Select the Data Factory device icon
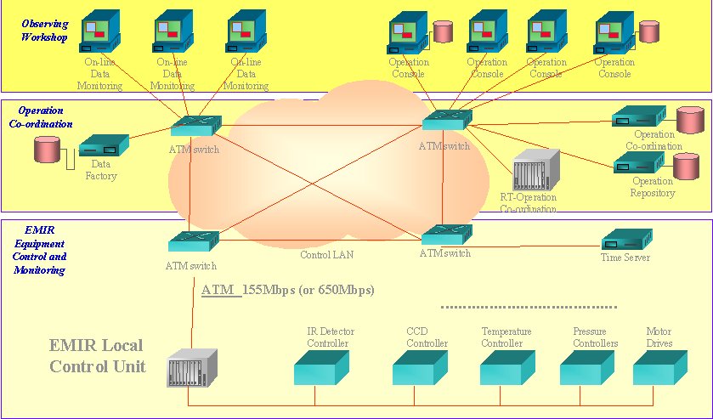pyautogui.click(x=103, y=147)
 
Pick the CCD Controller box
pyautogui.click(x=420, y=367)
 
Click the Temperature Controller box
pyautogui.click(x=507, y=367)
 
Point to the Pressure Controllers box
pyautogui.click(x=587, y=367)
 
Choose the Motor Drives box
pyautogui.click(x=659, y=367)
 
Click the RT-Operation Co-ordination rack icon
pyautogui.click(x=536, y=170)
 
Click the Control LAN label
pyautogui.click(x=326, y=254)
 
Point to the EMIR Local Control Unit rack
pyautogui.click(x=193, y=367)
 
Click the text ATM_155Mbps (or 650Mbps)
pyautogui.click(x=287, y=290)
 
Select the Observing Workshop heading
pyautogui.click(x=44, y=31)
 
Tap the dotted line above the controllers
pyautogui.click(x=529, y=306)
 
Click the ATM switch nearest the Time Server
pyautogui.click(x=446, y=235)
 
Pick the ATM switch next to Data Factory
pyautogui.click(x=195, y=127)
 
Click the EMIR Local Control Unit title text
pyautogui.click(x=96, y=356)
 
